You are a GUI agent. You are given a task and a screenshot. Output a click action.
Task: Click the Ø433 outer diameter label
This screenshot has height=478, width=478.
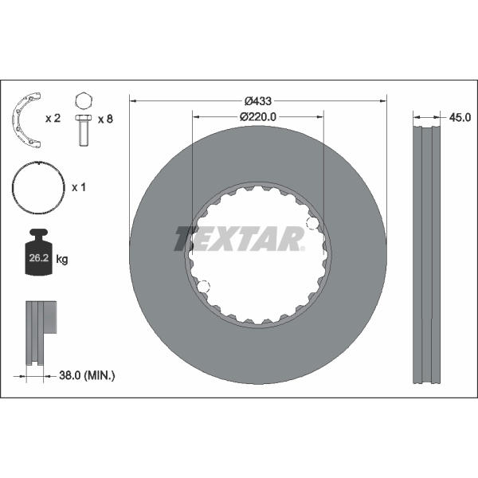(x=258, y=101)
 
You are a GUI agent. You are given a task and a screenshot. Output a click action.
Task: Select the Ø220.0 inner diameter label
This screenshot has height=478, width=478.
(x=258, y=117)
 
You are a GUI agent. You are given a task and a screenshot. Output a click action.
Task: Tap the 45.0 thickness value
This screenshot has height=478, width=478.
(x=460, y=117)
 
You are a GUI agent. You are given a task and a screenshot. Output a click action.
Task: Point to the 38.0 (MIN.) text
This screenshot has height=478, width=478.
(x=87, y=375)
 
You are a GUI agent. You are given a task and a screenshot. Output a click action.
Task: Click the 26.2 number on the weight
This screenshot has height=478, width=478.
(x=39, y=258)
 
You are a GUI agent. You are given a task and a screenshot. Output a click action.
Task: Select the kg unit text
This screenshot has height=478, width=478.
(x=62, y=260)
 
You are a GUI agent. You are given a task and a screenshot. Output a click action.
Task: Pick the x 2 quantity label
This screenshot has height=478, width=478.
(x=53, y=118)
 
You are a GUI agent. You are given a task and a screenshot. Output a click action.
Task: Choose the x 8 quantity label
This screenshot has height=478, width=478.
(x=105, y=119)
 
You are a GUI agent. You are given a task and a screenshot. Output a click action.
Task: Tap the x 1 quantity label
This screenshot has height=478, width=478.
(x=79, y=187)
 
